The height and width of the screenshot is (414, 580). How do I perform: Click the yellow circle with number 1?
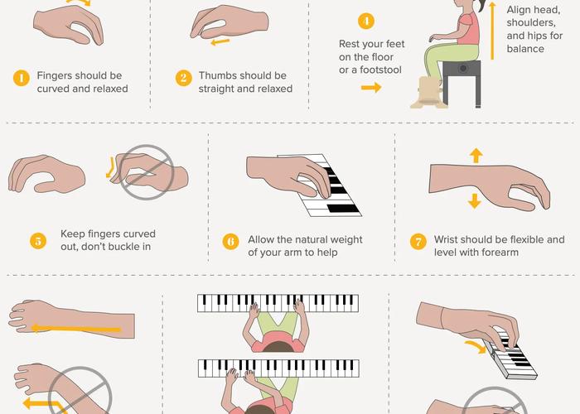[x=21, y=79]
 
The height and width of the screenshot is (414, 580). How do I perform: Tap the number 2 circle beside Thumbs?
[x=183, y=79]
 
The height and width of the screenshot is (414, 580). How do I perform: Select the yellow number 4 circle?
[x=365, y=22]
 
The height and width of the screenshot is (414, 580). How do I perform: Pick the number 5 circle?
[x=38, y=241]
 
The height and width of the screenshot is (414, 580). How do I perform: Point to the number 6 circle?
[x=231, y=242]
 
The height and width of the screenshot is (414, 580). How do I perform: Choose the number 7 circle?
[x=418, y=242]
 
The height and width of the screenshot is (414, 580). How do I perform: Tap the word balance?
[x=525, y=49]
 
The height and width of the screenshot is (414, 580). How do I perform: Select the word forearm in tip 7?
[x=497, y=252]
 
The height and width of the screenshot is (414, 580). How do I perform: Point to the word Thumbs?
[x=217, y=76]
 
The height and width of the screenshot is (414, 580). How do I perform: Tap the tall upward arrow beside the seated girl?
[x=491, y=32]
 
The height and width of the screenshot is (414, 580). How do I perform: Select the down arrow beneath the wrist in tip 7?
[x=475, y=201]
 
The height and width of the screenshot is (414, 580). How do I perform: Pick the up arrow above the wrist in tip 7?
[x=475, y=155]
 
